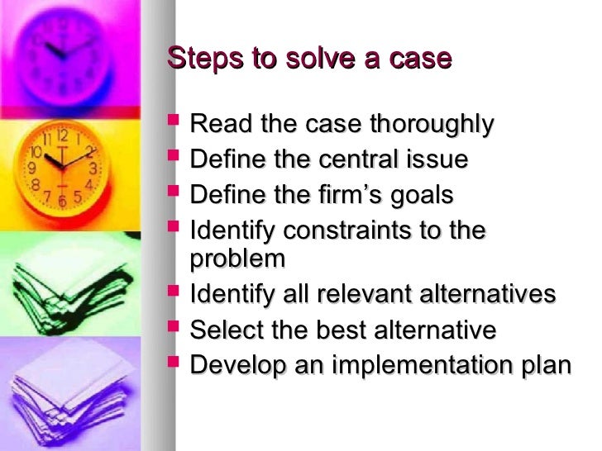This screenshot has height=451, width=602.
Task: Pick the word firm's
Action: (347, 195)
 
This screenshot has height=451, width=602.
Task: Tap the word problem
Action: (237, 259)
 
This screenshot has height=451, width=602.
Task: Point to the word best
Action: (335, 330)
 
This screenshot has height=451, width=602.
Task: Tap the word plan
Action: (547, 366)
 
